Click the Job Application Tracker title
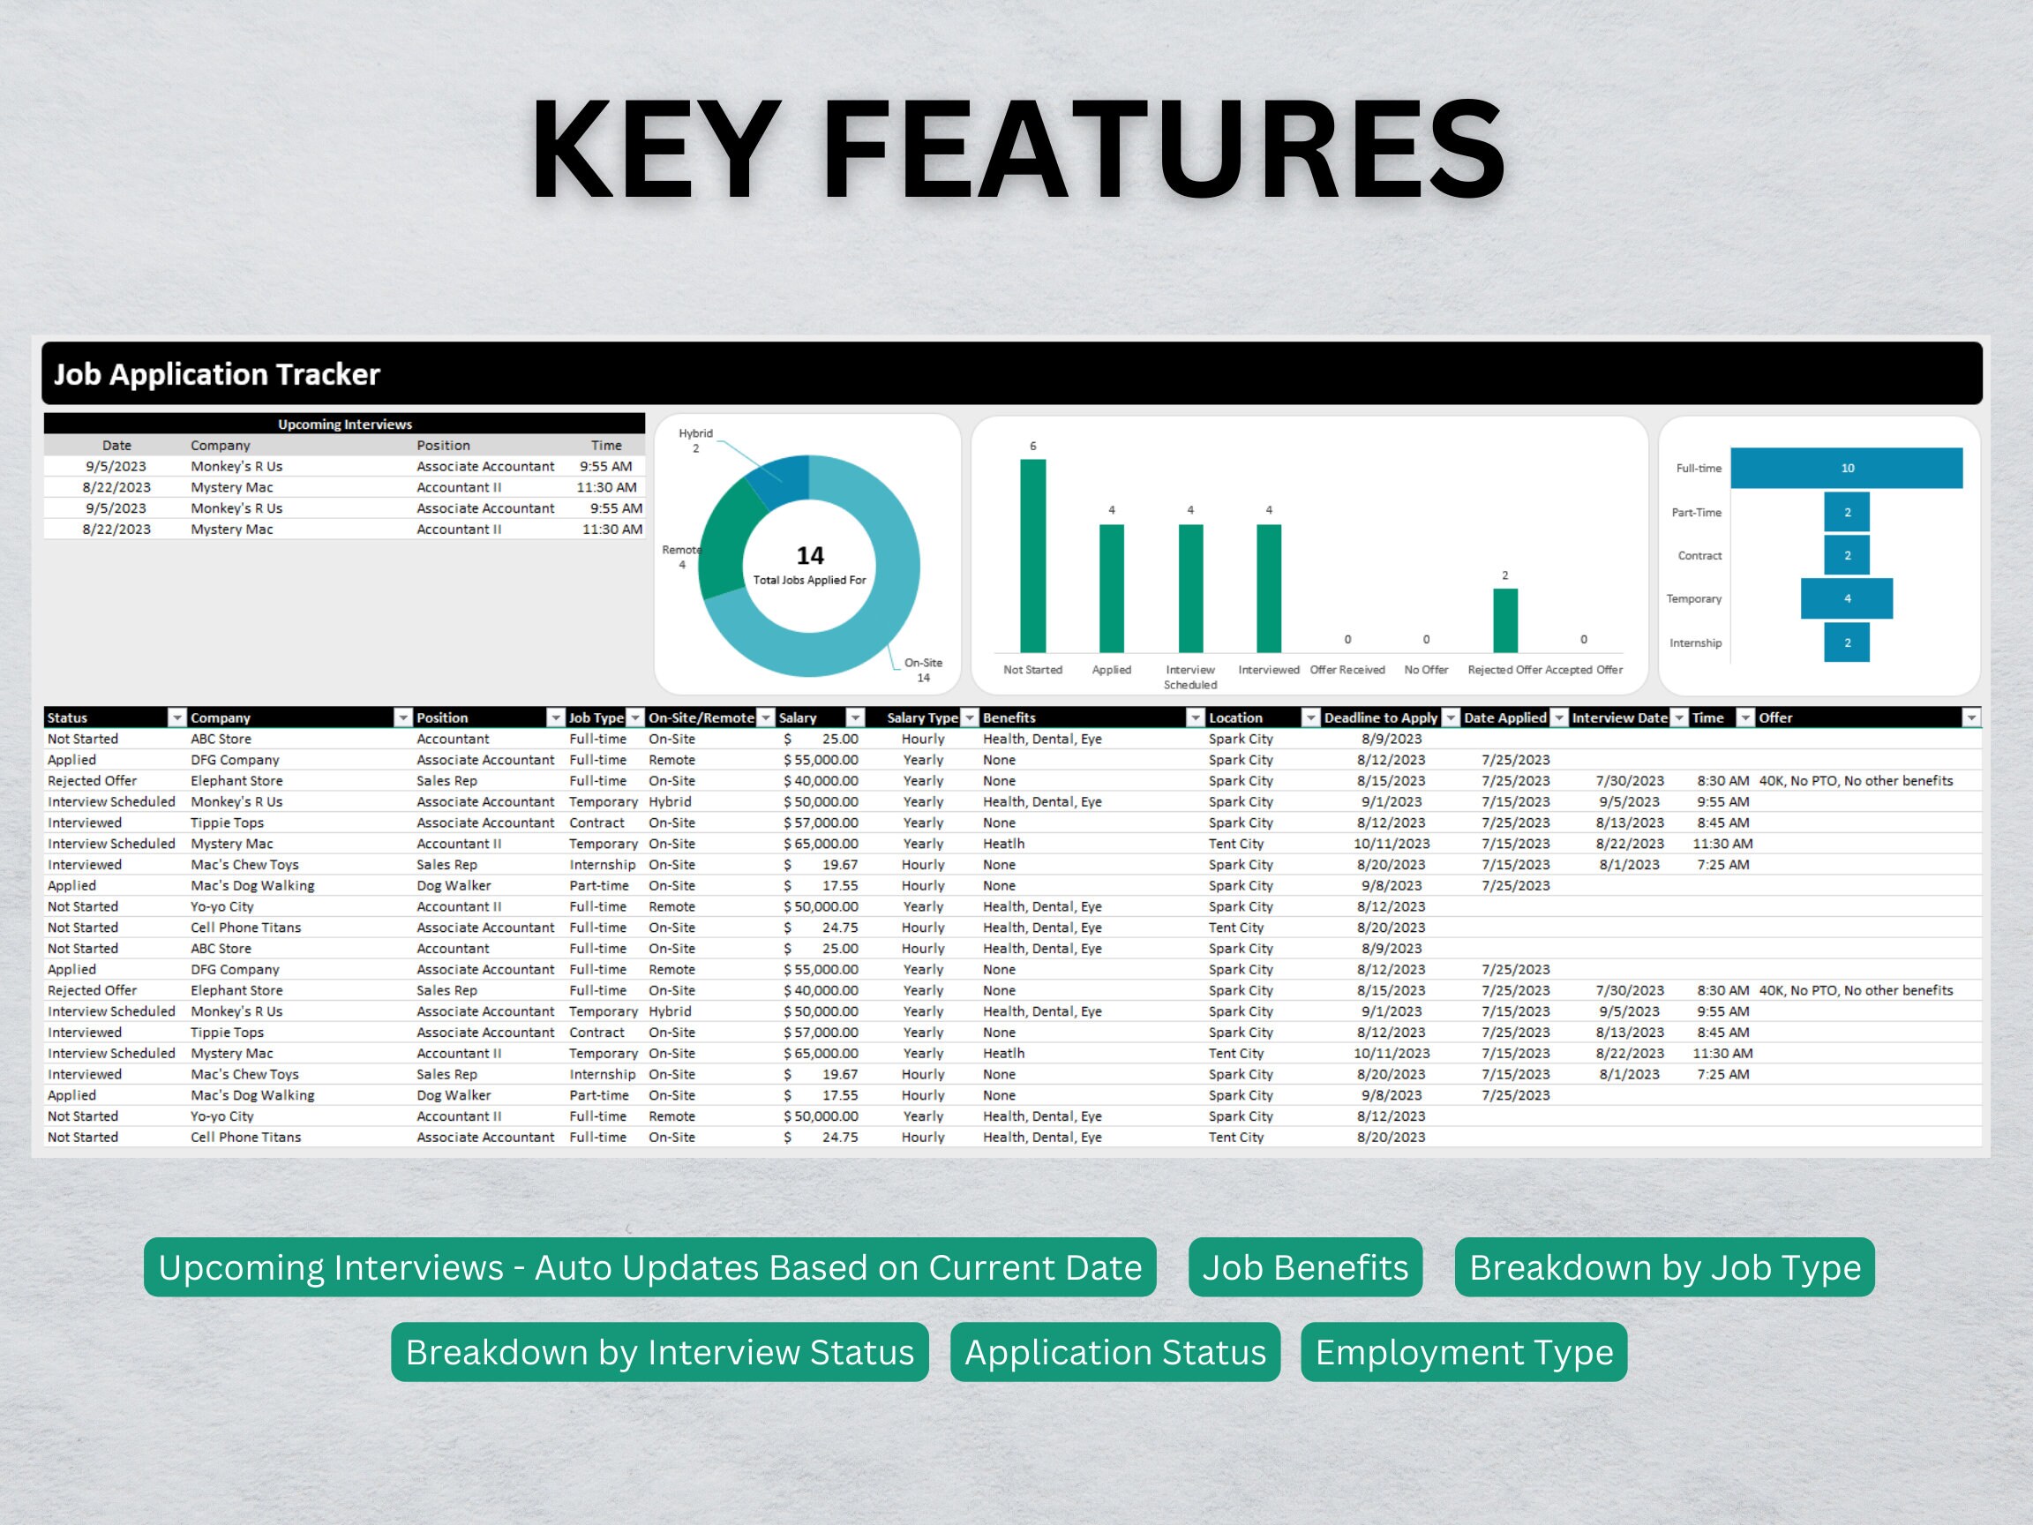pyautogui.click(x=217, y=374)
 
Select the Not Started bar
pyautogui.click(x=1032, y=556)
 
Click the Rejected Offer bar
pyautogui.click(x=1504, y=620)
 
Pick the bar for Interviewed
pyautogui.click(x=1268, y=589)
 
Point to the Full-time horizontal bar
pyautogui.click(x=1846, y=468)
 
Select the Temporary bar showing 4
pyautogui.click(x=1846, y=598)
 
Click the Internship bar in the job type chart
pyautogui.click(x=1846, y=642)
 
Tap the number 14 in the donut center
pyautogui.click(x=810, y=555)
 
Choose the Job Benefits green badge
pyautogui.click(x=1305, y=1267)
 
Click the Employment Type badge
pyautogui.click(x=1463, y=1352)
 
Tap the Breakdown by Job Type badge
pyautogui.click(x=1663, y=1267)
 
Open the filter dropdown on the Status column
pyautogui.click(x=176, y=717)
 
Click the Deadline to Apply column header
pyautogui.click(x=1379, y=717)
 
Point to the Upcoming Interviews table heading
pyautogui.click(x=345, y=424)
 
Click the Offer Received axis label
pyautogui.click(x=1347, y=669)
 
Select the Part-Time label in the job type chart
pyautogui.click(x=1696, y=512)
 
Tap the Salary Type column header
pyautogui.click(x=922, y=717)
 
